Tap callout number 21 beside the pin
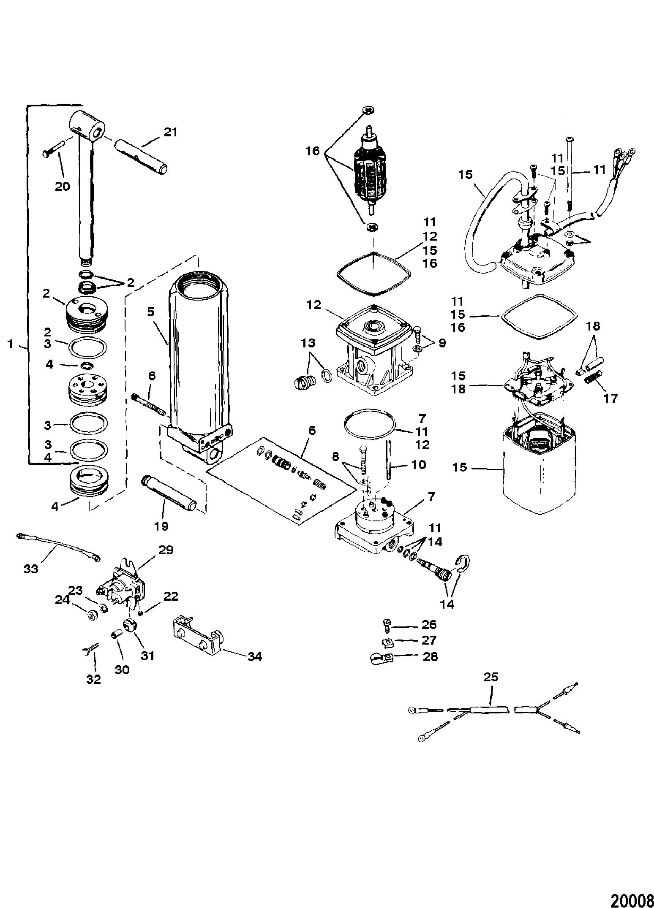click(170, 132)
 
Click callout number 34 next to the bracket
click(255, 656)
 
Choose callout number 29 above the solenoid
click(166, 550)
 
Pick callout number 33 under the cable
click(31, 569)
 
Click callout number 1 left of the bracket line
click(11, 344)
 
